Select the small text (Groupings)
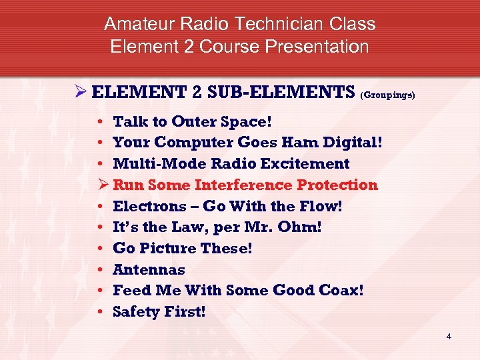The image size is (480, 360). tap(387, 95)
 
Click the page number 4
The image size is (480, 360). tap(449, 337)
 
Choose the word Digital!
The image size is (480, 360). tap(353, 143)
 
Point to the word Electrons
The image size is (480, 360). tap(148, 206)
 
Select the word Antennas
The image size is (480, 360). tap(149, 269)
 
